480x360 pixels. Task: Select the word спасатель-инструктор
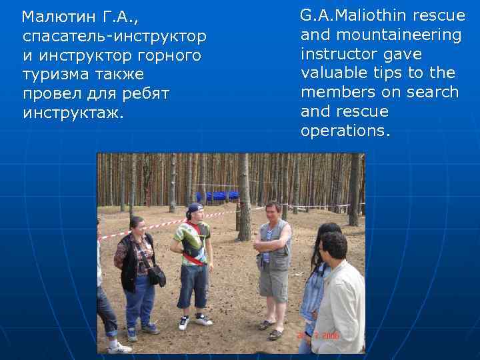coord(114,35)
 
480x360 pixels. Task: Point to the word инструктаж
coord(73,113)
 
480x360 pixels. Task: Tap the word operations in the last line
coord(342,131)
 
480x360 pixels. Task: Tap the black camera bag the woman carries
coord(157,275)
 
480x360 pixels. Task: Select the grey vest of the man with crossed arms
coord(275,247)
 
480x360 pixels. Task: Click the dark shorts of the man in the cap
coord(192,285)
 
